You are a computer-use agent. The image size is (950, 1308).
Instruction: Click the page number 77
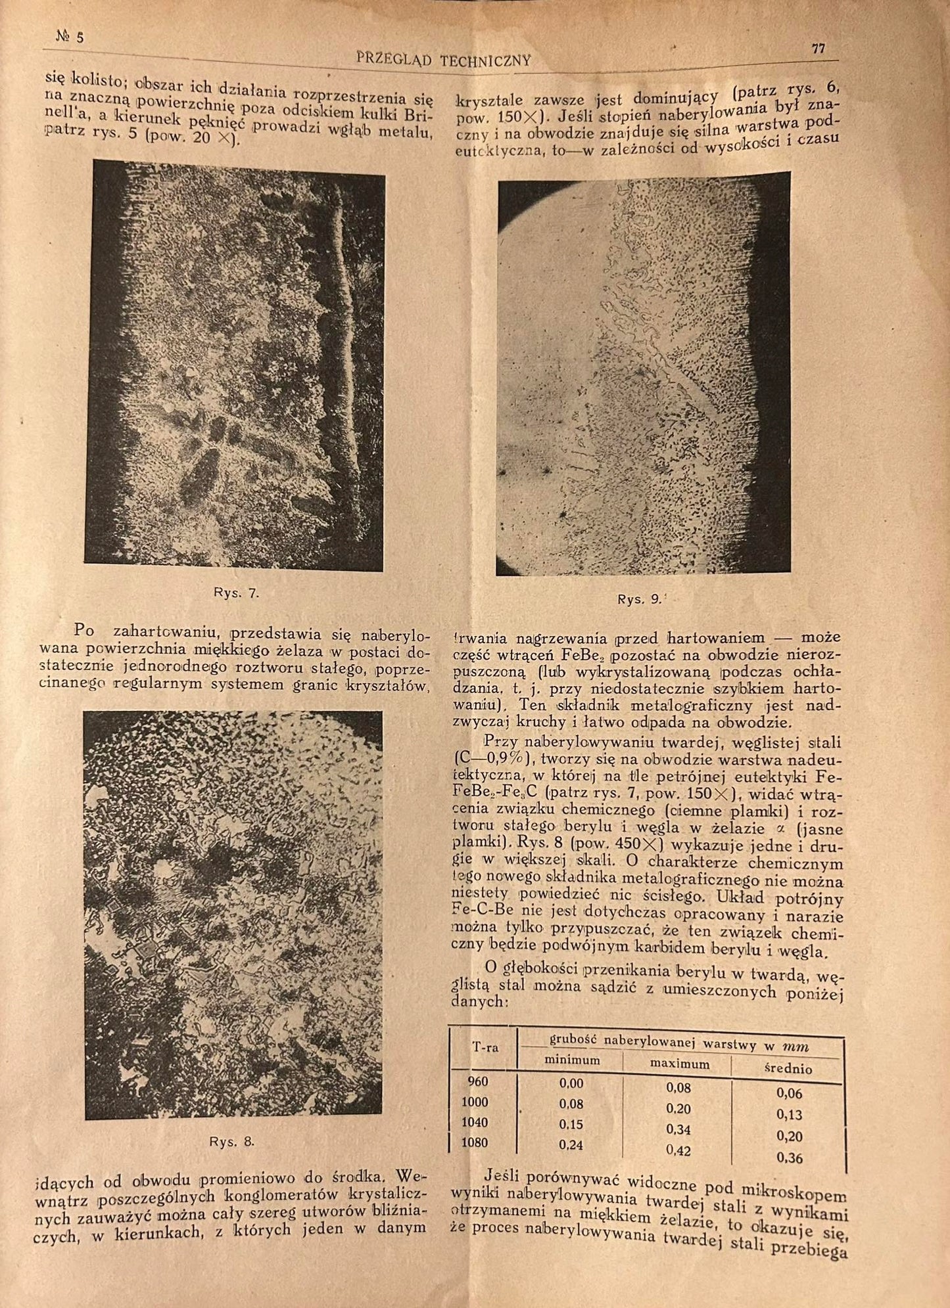click(x=818, y=49)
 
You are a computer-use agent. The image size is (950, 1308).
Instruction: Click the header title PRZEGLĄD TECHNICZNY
click(x=443, y=60)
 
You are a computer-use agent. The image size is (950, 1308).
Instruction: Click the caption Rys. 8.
click(x=231, y=1141)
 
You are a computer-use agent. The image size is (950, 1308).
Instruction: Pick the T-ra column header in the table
click(x=485, y=1047)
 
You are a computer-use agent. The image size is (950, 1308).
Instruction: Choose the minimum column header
click(x=573, y=1060)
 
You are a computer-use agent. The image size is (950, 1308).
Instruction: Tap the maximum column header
click(x=679, y=1064)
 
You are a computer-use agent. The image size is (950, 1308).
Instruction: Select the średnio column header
click(x=788, y=1069)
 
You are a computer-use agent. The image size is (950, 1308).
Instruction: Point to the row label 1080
click(x=474, y=1142)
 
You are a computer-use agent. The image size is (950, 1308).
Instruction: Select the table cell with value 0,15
click(x=571, y=1124)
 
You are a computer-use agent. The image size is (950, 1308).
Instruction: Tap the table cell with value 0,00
click(x=571, y=1083)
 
